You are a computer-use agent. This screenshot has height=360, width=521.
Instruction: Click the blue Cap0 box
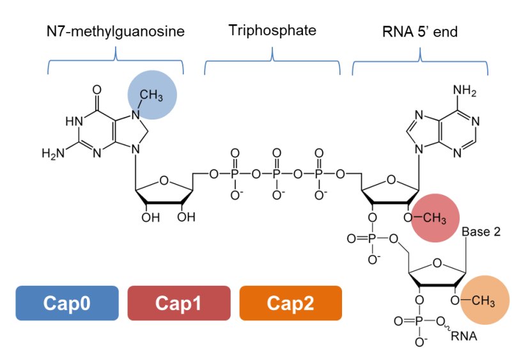[67, 303]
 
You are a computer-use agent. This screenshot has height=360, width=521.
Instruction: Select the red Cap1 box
[179, 303]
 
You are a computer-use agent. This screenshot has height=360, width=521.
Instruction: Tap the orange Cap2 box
[291, 303]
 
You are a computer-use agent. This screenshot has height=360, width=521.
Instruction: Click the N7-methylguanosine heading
[116, 31]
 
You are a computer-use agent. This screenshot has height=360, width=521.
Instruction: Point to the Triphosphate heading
[272, 30]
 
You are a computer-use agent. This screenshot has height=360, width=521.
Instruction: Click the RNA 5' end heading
[419, 31]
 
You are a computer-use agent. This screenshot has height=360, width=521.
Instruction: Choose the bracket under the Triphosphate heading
[272, 61]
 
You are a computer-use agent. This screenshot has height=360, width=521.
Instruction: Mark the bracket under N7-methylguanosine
[116, 61]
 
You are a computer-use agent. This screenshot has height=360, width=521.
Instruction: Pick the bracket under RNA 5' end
[420, 61]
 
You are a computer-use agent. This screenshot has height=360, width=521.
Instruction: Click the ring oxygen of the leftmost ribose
[164, 180]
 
